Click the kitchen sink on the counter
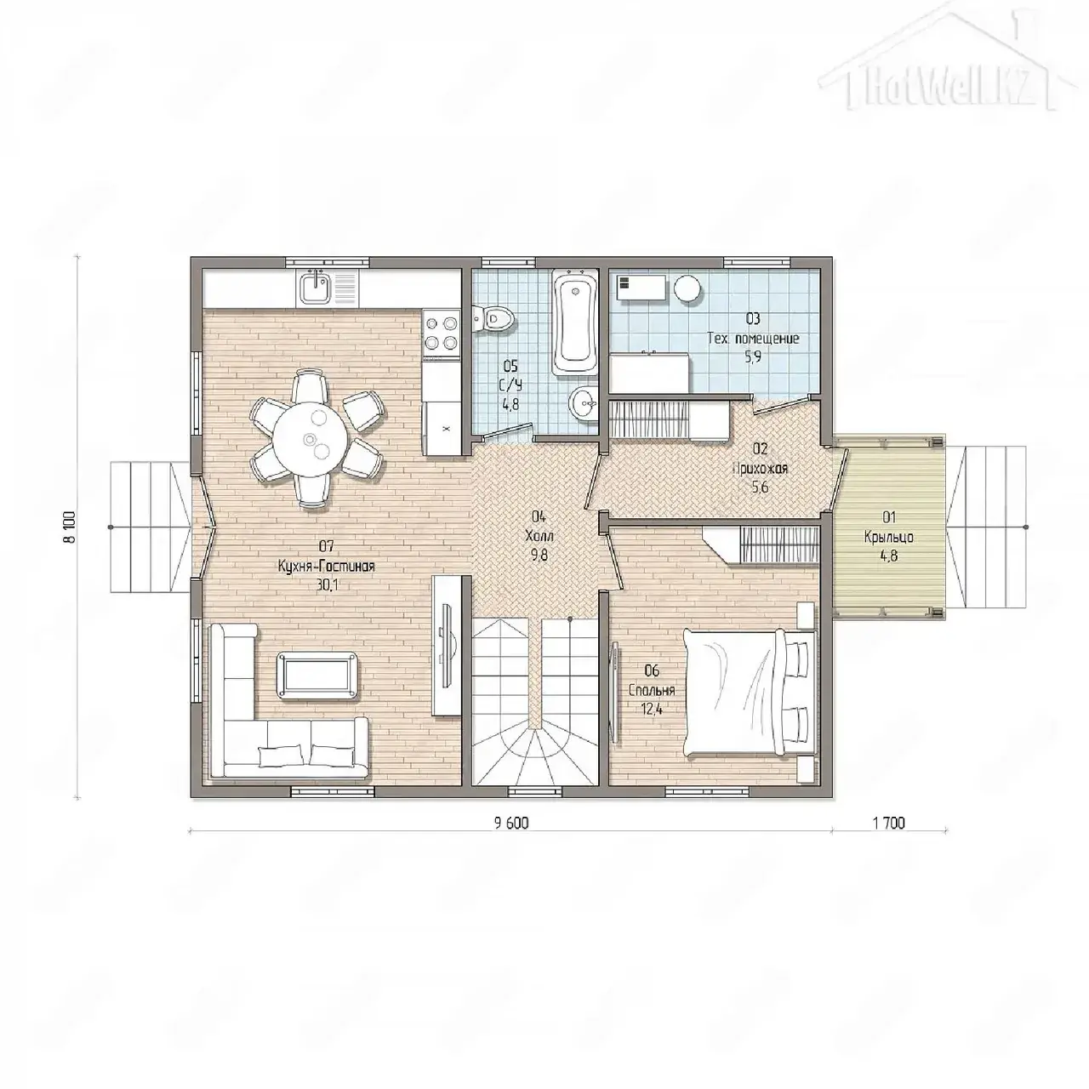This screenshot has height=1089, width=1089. point(312,287)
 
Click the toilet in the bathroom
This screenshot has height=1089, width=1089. point(493,319)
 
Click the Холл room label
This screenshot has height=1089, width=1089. point(539,535)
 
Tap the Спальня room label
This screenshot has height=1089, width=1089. point(652,691)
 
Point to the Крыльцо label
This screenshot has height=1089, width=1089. point(888,536)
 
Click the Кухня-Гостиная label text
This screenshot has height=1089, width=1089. point(326,566)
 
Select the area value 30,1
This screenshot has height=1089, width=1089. point(326,584)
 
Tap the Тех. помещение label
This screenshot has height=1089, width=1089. point(753,339)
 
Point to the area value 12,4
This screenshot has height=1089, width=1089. point(652,710)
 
